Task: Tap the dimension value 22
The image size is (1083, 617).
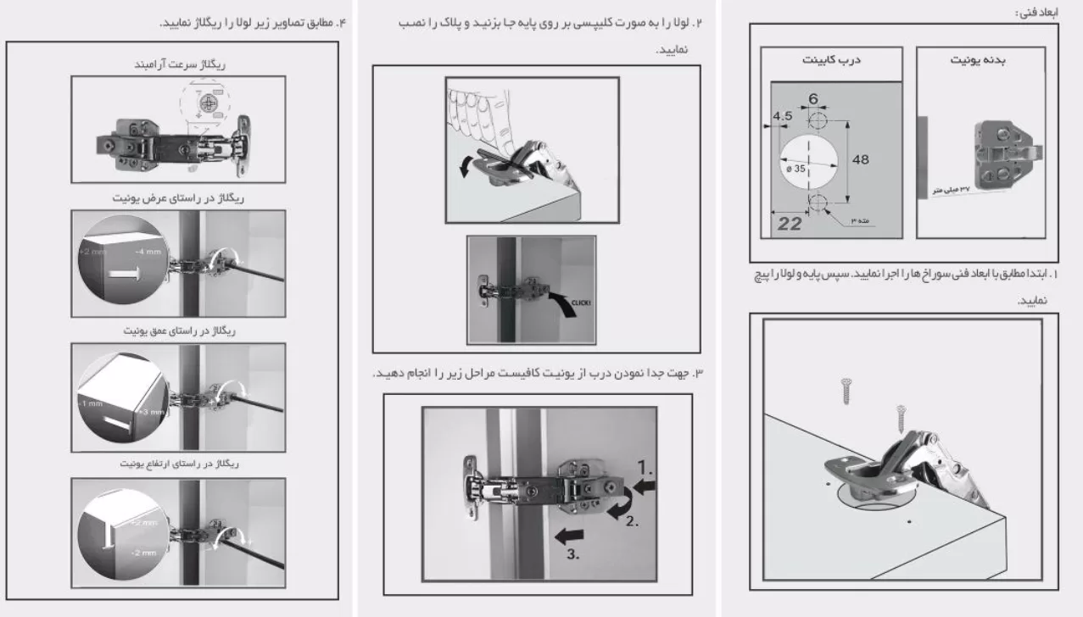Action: (788, 224)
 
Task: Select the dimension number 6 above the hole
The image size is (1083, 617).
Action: (813, 99)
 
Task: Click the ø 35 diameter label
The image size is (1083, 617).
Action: (795, 169)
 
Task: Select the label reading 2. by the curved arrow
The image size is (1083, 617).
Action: (631, 521)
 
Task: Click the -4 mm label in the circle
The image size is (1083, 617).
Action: (147, 253)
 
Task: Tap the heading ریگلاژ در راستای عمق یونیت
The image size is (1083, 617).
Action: (179, 331)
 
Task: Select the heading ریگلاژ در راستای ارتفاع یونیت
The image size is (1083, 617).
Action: (179, 465)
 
